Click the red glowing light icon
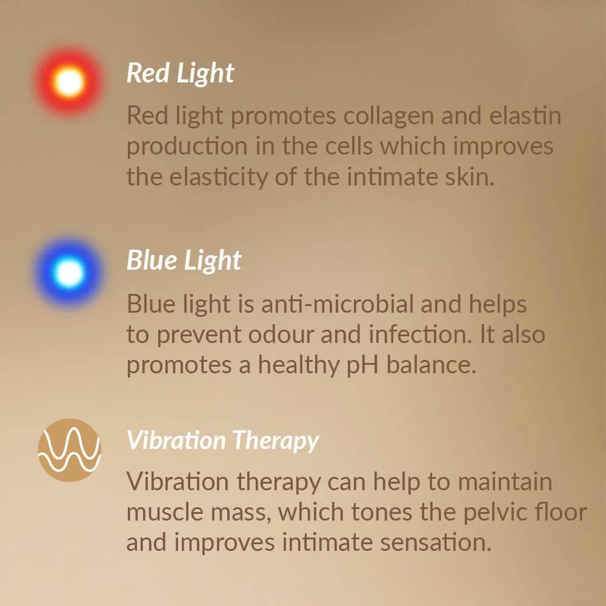click(x=70, y=82)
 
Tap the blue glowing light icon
click(x=70, y=272)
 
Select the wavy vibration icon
click(x=70, y=450)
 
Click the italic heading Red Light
click(x=180, y=73)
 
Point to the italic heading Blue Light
click(x=184, y=261)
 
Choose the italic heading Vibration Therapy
click(x=222, y=441)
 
